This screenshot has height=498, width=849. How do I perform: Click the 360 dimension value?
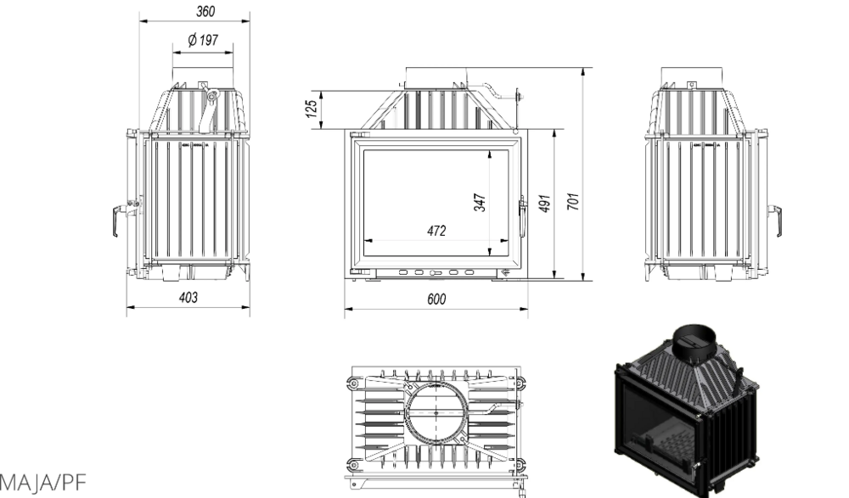[x=205, y=11]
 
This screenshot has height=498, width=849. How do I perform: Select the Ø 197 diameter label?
[x=203, y=40]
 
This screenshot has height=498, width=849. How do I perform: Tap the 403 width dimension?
[x=188, y=297]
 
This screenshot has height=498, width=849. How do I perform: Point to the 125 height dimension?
[x=312, y=109]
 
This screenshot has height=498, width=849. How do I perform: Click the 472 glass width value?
[x=436, y=231]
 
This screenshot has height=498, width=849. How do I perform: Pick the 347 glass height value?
[x=480, y=202]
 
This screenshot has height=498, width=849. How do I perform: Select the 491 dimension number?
[x=545, y=203]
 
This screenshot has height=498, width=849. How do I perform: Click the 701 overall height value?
[x=573, y=201]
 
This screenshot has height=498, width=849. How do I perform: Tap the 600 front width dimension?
[x=436, y=299]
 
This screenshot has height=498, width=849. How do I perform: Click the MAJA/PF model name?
[x=42, y=482]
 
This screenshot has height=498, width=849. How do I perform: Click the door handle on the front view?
[x=522, y=216]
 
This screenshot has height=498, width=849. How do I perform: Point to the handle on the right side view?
[x=776, y=221]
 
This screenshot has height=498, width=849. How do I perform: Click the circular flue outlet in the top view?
[x=436, y=413]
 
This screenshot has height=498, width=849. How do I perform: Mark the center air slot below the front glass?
[x=436, y=273]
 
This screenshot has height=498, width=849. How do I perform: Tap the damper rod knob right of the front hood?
[x=519, y=97]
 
